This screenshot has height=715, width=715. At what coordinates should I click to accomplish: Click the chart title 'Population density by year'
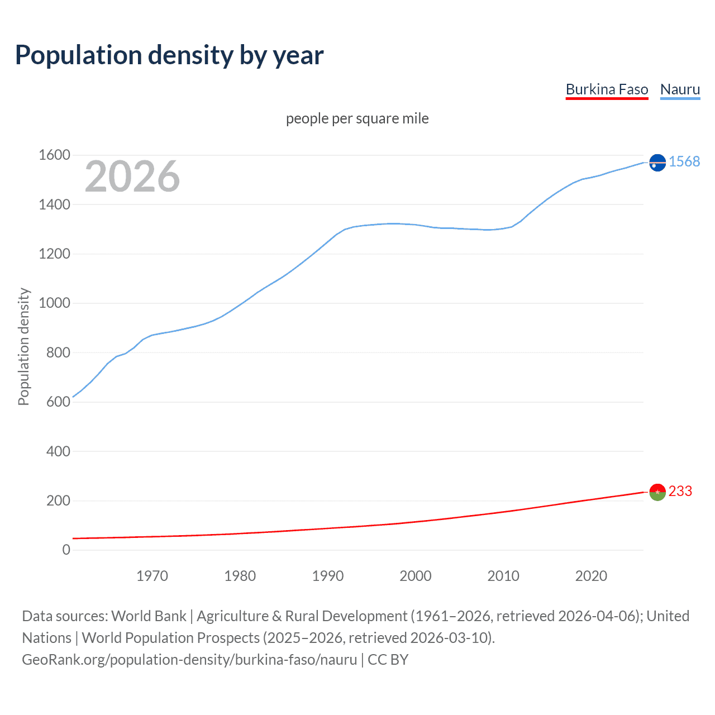click(169, 55)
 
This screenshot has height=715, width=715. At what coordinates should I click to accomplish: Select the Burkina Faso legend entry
click(607, 89)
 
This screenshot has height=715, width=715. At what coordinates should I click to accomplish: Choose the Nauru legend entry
click(680, 89)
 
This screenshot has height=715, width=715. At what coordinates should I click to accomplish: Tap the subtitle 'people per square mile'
click(357, 118)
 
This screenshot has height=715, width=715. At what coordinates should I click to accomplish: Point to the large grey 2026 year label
click(132, 177)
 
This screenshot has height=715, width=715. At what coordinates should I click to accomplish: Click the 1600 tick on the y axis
click(54, 155)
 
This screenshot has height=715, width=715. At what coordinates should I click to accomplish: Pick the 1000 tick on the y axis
click(54, 303)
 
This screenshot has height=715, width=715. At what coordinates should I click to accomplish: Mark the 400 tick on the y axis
click(58, 451)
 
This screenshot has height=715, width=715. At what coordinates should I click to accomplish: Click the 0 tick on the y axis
click(66, 550)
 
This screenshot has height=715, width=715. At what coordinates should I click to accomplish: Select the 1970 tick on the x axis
click(152, 576)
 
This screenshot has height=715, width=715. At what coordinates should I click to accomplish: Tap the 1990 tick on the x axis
click(328, 576)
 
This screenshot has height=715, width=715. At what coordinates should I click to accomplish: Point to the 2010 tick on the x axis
click(503, 576)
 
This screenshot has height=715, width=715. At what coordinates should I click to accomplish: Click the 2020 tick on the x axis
click(591, 576)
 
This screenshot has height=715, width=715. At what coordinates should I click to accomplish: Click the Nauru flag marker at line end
click(657, 163)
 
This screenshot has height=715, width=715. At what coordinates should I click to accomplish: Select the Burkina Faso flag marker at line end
click(657, 492)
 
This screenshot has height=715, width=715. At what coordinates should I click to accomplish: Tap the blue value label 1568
click(684, 161)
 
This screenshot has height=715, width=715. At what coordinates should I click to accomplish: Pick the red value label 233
click(680, 491)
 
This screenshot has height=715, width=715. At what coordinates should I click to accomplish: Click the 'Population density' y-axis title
click(23, 346)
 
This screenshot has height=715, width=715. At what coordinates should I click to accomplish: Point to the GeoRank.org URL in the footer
click(189, 660)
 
